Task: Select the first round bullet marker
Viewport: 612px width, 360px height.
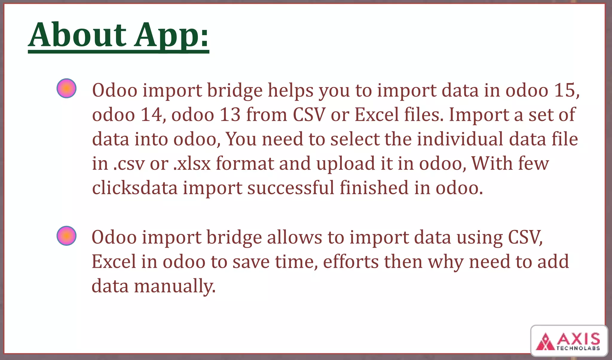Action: [66, 88]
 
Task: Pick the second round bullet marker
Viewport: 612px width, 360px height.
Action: [66, 236]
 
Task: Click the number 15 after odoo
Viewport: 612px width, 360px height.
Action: [566, 90]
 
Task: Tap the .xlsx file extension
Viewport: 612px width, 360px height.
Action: [192, 163]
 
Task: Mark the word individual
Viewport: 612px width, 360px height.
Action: [460, 139]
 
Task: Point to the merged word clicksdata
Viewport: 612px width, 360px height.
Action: [135, 188]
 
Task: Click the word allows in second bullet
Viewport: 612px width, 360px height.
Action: [294, 237]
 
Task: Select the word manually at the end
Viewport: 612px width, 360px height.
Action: [175, 286]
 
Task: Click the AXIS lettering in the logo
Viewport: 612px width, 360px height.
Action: [578, 339]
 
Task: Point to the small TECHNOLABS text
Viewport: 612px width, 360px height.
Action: [578, 348]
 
